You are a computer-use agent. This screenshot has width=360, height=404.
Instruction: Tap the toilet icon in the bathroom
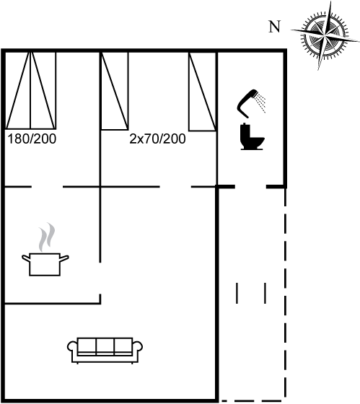252,137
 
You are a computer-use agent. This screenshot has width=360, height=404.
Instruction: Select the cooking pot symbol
45,264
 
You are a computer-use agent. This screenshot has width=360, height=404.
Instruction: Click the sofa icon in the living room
105,351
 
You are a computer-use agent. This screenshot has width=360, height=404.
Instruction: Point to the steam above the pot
47,237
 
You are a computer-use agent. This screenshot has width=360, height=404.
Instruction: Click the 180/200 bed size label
32,139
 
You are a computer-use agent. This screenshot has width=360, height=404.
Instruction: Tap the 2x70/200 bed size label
157,139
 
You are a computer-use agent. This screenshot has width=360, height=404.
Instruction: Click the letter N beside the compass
274,27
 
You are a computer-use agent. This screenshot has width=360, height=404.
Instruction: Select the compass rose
325,36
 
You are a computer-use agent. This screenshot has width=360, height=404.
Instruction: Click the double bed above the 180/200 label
31,90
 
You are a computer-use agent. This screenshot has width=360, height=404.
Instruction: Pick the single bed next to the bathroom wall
202,92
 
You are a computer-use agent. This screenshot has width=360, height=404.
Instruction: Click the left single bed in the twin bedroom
115,91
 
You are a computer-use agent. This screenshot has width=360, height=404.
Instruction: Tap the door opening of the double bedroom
47,186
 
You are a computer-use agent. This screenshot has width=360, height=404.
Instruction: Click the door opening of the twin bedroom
175,186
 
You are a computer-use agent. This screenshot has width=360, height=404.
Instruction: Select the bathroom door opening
250,186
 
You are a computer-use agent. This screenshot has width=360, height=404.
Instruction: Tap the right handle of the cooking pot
64,258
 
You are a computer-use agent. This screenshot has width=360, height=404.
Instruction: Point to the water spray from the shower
260,103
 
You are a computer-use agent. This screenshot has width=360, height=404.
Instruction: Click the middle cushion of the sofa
105,346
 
